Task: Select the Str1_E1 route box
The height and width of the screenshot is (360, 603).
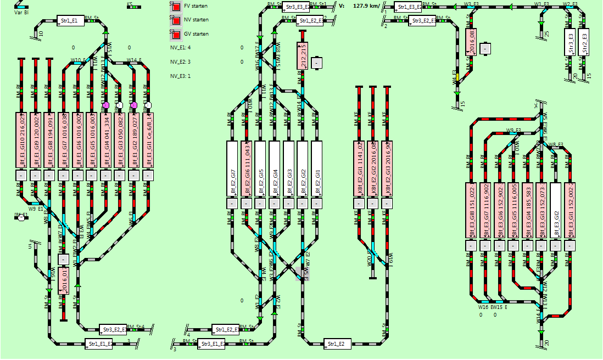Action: click(70, 21)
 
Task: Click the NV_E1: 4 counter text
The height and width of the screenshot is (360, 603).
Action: click(180, 48)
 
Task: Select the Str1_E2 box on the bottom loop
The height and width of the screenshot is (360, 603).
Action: click(338, 344)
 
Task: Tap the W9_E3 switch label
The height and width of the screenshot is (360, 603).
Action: click(513, 130)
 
